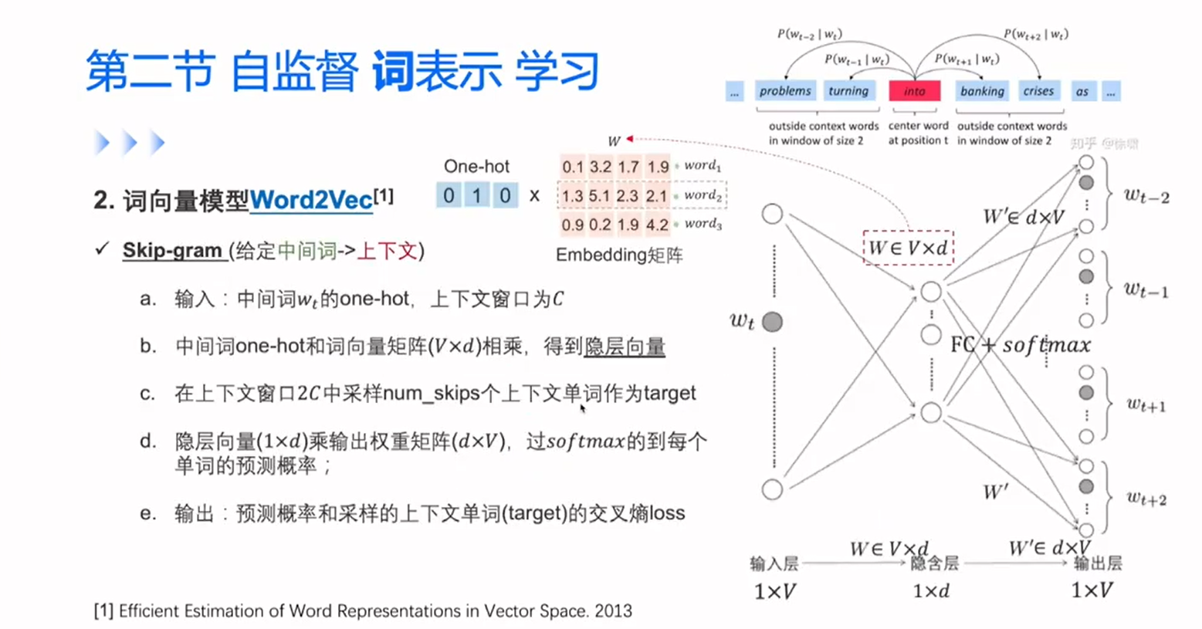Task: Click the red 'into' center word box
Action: click(x=914, y=91)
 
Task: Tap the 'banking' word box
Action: click(x=982, y=91)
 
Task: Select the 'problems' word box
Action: click(x=785, y=91)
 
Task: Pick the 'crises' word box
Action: click(x=1038, y=91)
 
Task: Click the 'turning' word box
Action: click(x=848, y=91)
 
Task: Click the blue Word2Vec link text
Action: click(x=311, y=201)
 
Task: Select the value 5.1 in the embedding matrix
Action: click(x=600, y=196)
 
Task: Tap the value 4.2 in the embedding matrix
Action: click(x=657, y=225)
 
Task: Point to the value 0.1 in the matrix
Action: click(x=573, y=167)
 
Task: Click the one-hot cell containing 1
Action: click(x=476, y=195)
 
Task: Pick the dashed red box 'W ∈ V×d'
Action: click(x=908, y=248)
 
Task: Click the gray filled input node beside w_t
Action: click(x=772, y=322)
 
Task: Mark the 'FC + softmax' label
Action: click(x=1021, y=344)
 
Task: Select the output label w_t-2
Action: click(x=1146, y=197)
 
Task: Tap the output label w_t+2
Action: click(x=1146, y=499)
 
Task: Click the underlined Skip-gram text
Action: click(x=172, y=251)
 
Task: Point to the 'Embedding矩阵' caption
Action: click(x=619, y=255)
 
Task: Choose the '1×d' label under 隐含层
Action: click(x=931, y=591)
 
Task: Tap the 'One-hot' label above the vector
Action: click(x=476, y=166)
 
